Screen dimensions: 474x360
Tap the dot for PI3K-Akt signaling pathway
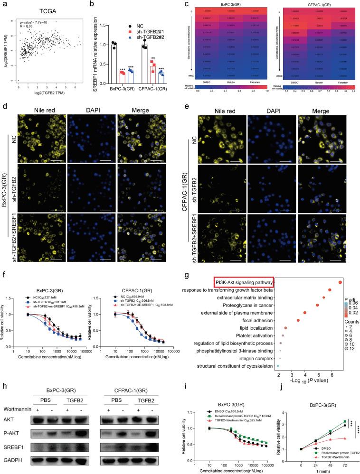(341, 282)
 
